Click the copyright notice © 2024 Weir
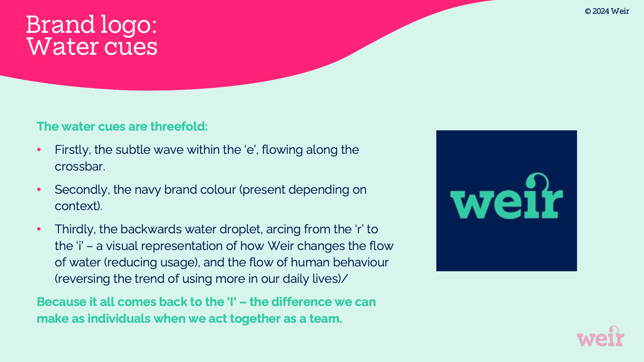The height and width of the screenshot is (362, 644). [607, 11]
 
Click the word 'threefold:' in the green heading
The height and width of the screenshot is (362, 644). [179, 126]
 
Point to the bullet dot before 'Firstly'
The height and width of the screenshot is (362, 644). [39, 150]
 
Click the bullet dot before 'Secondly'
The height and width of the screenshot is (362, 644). [39, 190]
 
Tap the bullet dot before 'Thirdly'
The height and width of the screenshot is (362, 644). [39, 229]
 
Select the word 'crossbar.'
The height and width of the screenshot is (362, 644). [80, 166]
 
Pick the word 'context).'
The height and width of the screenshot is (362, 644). [78, 206]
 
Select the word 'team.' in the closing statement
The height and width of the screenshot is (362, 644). [326, 319]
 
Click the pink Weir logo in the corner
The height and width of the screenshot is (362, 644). [601, 336]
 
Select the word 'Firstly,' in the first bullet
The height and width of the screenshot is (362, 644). [73, 150]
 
